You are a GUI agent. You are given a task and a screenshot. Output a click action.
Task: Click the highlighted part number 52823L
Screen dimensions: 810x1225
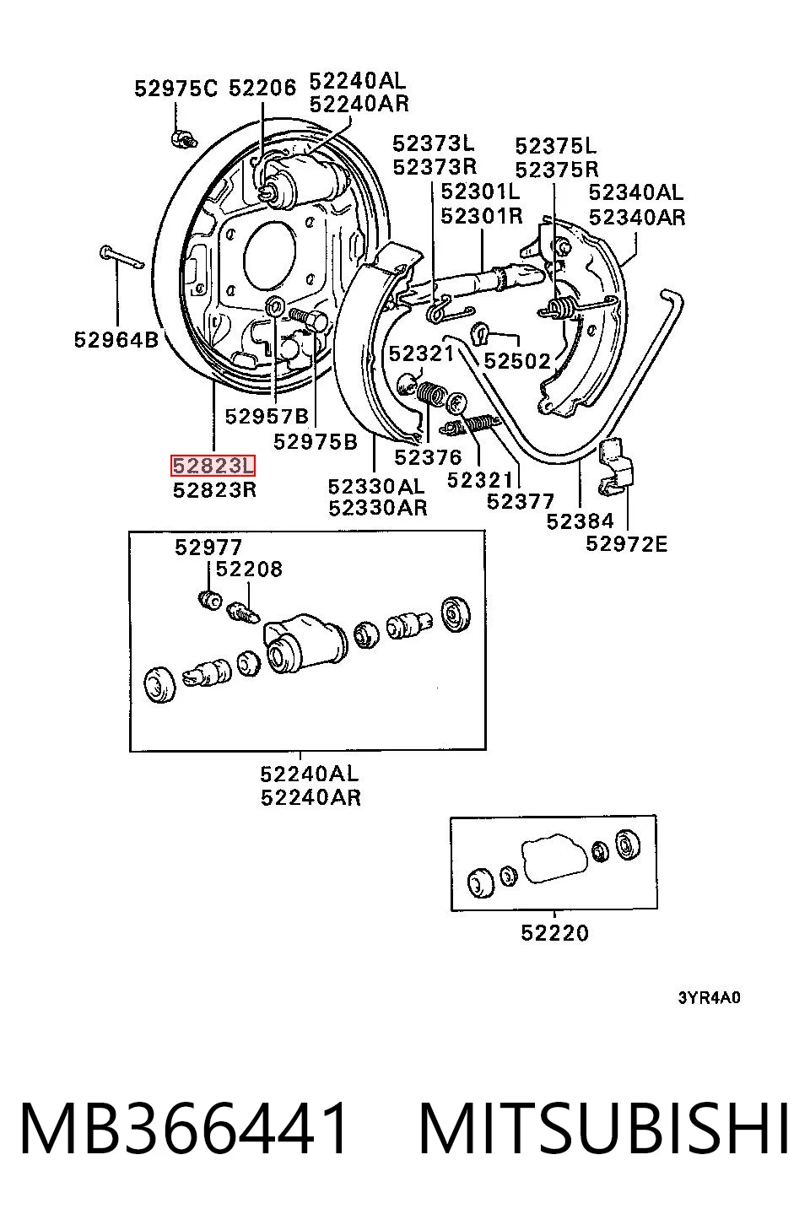pyautogui.click(x=213, y=466)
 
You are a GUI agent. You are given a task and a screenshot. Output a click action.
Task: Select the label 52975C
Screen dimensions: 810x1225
pyautogui.click(x=175, y=88)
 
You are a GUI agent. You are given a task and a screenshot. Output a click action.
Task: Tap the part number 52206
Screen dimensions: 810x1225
pyautogui.click(x=262, y=88)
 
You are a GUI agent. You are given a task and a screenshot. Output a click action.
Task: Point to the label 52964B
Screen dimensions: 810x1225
pyautogui.click(x=116, y=340)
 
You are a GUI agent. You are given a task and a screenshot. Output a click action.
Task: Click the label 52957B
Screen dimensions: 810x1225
pyautogui.click(x=267, y=417)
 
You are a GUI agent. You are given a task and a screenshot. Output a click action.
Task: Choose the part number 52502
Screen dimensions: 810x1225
pyautogui.click(x=517, y=361)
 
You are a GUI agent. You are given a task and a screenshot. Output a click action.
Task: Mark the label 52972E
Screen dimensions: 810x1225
pyautogui.click(x=627, y=544)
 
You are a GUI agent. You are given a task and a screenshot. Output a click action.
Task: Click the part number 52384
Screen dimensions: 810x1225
pyautogui.click(x=580, y=521)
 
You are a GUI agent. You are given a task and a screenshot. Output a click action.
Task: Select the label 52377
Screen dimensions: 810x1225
pyautogui.click(x=520, y=501)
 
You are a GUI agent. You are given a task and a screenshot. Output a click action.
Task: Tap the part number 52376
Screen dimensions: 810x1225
pyautogui.click(x=428, y=456)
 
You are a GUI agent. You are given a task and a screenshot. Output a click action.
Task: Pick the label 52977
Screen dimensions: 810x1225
pyautogui.click(x=208, y=548)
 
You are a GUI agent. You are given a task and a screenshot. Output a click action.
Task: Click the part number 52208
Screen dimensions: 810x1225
pyautogui.click(x=249, y=569)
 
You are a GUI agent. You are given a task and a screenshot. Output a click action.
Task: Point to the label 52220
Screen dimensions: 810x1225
pyautogui.click(x=554, y=933)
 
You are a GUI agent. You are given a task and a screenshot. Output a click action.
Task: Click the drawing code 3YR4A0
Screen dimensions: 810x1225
pyautogui.click(x=710, y=998)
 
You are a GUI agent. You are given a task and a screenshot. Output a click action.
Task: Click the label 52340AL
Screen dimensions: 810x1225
pyautogui.click(x=636, y=192)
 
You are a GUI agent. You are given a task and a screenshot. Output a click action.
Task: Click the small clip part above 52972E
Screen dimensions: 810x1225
pyautogui.click(x=616, y=467)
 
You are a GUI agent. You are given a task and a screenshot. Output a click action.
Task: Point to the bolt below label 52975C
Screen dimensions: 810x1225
pyautogui.click(x=183, y=138)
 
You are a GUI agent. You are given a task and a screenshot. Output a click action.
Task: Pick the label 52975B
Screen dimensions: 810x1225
pyautogui.click(x=315, y=441)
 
